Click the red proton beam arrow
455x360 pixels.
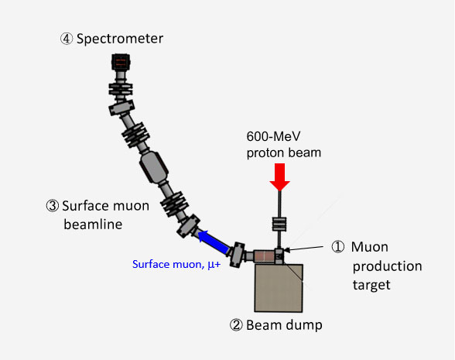pos(280,177)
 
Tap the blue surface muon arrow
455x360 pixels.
pos(214,241)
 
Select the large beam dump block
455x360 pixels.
pos(279,288)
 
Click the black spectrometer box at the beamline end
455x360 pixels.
pos(121,62)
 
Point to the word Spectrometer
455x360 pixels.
pos(120,39)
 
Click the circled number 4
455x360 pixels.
pos(67,39)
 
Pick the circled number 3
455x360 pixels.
pos(53,206)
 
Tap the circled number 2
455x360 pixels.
pos(236,325)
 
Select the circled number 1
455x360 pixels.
pos(338,247)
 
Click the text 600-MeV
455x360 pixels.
pos(273,136)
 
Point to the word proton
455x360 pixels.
pos(267,153)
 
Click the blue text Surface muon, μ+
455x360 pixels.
pos(176,264)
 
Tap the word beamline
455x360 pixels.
pos(93,225)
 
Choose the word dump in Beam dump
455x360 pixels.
pos(304,325)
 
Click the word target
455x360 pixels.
pos(371,285)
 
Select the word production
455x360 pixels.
pos(388,266)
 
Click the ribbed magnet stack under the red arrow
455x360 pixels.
pos(279,225)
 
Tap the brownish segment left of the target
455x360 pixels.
pos(264,256)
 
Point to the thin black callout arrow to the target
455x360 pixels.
pos(304,249)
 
